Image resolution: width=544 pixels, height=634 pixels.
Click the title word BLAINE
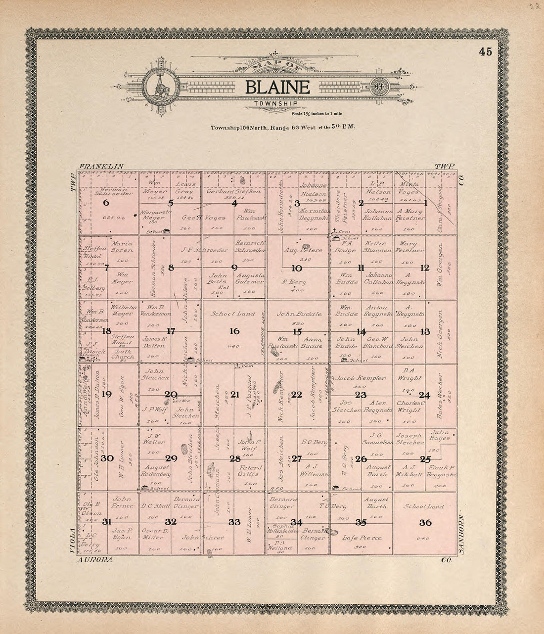coord(277,88)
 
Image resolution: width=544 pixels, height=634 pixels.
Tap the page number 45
coord(485,51)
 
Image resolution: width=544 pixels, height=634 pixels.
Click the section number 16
coord(234,331)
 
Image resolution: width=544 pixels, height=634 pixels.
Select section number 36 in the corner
coord(425,523)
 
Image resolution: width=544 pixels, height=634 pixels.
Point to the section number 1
coord(425,202)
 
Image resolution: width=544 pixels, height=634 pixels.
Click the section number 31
coord(106,522)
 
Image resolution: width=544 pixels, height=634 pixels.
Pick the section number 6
coord(106,203)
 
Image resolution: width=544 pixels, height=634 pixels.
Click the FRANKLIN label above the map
coord(101,167)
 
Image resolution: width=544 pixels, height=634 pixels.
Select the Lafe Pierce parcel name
coord(362,538)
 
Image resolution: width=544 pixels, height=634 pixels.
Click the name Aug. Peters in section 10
coord(303,250)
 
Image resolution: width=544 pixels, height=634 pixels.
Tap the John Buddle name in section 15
coord(299,314)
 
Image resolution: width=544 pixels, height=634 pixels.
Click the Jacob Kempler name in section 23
coord(361,378)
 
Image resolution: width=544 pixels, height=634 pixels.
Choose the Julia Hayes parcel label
coord(440,435)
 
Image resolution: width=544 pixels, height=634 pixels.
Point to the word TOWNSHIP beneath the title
coord(277,104)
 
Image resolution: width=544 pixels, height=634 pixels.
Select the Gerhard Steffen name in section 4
coord(234,191)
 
